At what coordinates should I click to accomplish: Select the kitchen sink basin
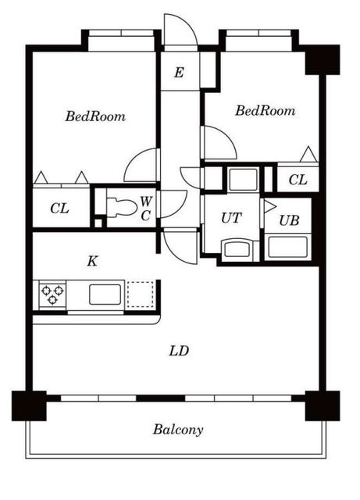(x=105, y=295)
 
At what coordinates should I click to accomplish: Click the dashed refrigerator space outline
(x=141, y=295)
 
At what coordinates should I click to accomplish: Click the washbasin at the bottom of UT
(x=237, y=249)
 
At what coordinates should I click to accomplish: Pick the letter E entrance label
(x=179, y=73)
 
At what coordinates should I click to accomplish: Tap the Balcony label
(x=178, y=429)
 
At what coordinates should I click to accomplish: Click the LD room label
(x=179, y=351)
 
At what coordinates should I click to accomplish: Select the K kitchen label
(x=92, y=262)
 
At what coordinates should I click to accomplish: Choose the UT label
(x=231, y=218)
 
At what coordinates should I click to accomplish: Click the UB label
(x=289, y=220)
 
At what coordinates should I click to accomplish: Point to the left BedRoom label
(x=95, y=116)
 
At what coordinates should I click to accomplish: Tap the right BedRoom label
(x=265, y=111)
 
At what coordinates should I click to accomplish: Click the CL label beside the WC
(x=59, y=209)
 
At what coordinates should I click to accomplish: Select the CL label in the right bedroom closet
(x=298, y=180)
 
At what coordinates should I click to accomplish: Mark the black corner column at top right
(x=322, y=59)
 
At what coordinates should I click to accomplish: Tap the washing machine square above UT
(x=243, y=180)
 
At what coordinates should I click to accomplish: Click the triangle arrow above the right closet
(x=308, y=155)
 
